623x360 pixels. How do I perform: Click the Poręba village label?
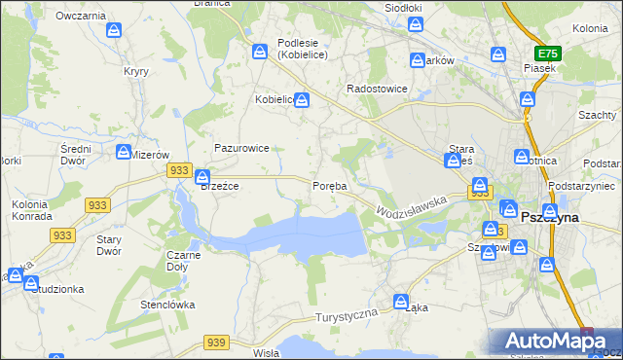coord(329,186)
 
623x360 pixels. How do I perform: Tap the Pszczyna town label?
coord(550,218)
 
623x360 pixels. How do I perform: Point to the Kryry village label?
coord(135,71)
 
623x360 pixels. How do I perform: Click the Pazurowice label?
coord(241,148)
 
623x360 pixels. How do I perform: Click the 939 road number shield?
coord(216,342)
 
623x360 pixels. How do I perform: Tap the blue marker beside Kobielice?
coord(303,99)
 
